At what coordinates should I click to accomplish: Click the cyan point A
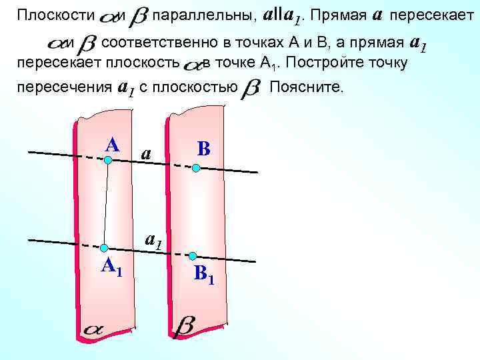[x=108, y=160]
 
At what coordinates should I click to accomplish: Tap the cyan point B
[x=195, y=169]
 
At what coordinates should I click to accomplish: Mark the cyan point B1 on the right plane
[x=193, y=256]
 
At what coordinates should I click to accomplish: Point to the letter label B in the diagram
[x=203, y=149]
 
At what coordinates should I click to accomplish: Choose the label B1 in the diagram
[x=203, y=274]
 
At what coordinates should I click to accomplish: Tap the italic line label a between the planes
[x=147, y=154]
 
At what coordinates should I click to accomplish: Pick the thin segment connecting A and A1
[x=106, y=204]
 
